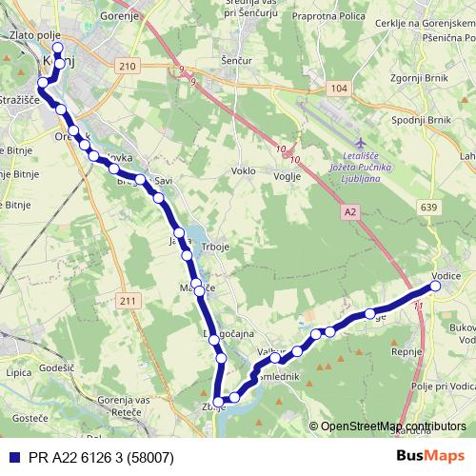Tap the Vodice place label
[446, 276]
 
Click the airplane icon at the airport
[358, 142]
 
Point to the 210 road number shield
[129, 65]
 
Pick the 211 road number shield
[129, 302]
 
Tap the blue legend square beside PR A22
[11, 456]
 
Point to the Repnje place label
[433, 350]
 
